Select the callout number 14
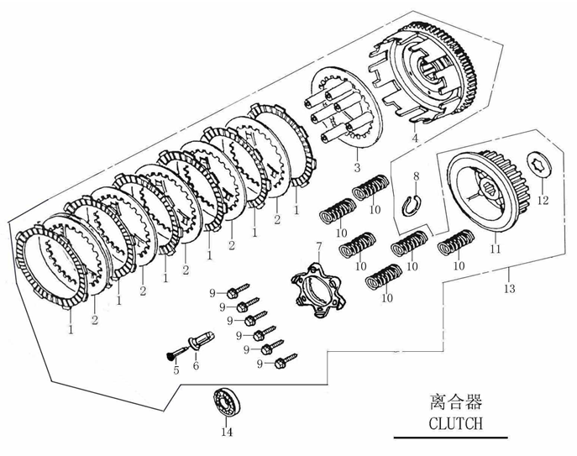click(x=225, y=433)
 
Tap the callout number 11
click(x=495, y=249)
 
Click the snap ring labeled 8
click(x=412, y=205)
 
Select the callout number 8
click(x=414, y=175)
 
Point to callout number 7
click(x=318, y=245)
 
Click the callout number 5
click(x=176, y=371)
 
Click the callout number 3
click(x=356, y=169)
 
